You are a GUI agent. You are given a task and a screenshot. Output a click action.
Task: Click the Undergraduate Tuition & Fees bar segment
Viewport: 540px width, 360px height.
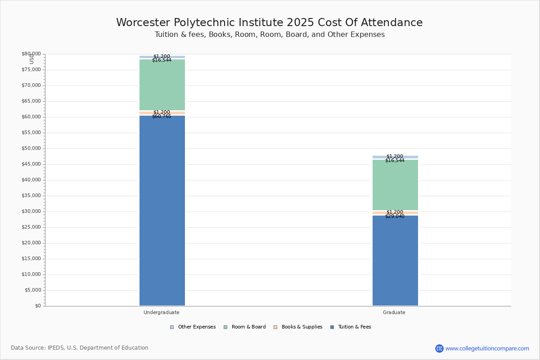[162, 211]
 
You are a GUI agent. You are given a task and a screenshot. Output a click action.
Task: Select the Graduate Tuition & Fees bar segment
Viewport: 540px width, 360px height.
[395, 261]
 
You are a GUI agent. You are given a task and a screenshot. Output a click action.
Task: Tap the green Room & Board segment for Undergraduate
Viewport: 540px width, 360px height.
[162, 85]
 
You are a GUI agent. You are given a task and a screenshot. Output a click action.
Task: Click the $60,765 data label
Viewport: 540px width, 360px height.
[162, 117]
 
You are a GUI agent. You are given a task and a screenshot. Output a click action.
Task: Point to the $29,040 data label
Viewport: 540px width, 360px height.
[395, 216]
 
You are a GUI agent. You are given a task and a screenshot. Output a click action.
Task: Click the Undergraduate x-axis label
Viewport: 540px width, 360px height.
[162, 312]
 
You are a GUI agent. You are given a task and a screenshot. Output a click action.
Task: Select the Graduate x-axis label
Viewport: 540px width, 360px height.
[394, 312]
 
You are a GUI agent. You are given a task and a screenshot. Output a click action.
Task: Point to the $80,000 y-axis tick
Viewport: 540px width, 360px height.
[31, 54]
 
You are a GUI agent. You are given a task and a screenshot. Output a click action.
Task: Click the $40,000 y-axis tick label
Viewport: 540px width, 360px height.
[31, 180]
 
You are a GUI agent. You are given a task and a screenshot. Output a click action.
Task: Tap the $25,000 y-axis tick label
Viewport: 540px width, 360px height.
[31, 227]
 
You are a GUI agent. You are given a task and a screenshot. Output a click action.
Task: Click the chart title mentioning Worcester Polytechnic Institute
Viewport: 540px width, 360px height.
[270, 22]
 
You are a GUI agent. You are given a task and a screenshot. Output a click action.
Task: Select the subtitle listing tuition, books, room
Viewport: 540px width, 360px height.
[270, 35]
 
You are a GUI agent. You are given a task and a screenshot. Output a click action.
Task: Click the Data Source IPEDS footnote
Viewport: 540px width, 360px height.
[80, 348]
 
